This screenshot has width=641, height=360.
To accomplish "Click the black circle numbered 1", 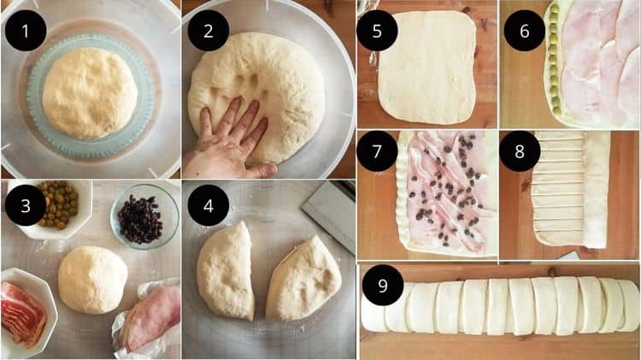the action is click(x=26, y=31).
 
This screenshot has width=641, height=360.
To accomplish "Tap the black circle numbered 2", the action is click(x=208, y=31).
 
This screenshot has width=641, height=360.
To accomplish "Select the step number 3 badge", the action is click(x=26, y=205).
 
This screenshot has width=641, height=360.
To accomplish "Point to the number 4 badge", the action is click(x=208, y=205).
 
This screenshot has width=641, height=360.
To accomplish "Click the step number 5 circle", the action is click(x=377, y=31).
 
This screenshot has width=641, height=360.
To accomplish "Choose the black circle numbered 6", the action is click(x=525, y=31).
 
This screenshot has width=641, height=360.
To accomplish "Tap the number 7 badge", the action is click(x=377, y=151).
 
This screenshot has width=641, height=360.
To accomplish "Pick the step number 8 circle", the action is click(x=520, y=151).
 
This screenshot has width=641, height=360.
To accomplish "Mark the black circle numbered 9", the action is click(x=383, y=285).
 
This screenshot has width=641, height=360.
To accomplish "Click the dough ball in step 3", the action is click(x=92, y=280).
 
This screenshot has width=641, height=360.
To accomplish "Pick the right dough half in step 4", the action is click(x=303, y=278).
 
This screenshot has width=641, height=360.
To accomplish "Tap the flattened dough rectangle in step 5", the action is click(x=427, y=68).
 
